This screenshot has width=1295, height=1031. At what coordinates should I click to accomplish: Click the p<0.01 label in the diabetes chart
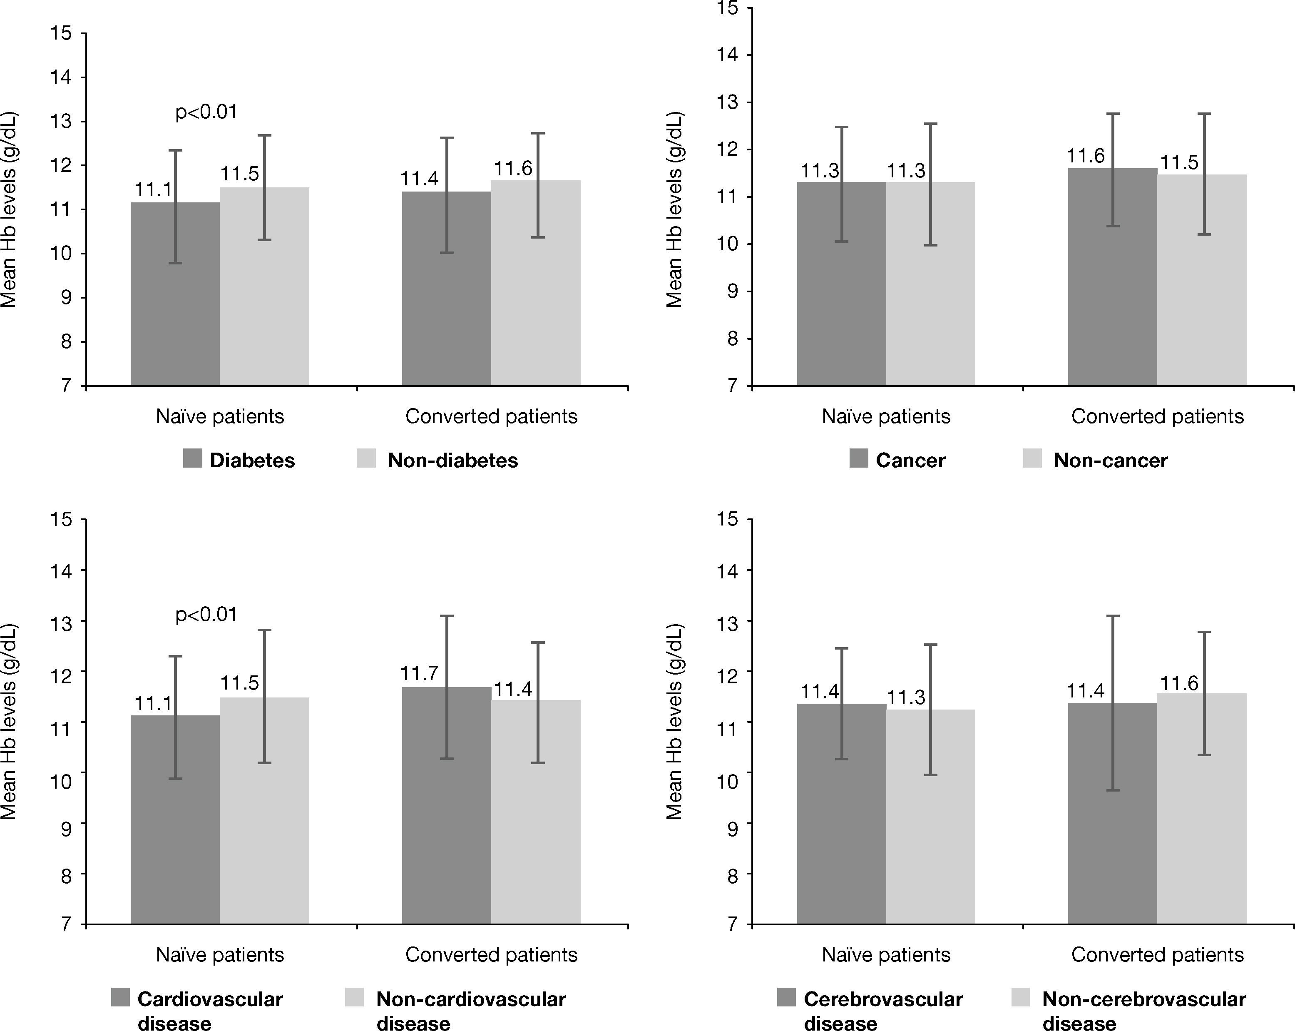coord(206,112)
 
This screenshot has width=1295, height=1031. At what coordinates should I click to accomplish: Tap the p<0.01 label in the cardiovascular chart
coord(206,615)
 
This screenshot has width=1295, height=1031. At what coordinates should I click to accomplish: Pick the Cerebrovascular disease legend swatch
coord(786,998)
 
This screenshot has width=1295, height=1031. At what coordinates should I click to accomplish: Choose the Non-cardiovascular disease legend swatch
coord(355,998)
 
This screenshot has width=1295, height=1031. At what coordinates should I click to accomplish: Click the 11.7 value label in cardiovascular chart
coord(419,673)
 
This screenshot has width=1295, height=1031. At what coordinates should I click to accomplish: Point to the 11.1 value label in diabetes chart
coord(153,190)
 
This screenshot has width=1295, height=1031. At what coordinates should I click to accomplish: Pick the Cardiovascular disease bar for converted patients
coord(446,805)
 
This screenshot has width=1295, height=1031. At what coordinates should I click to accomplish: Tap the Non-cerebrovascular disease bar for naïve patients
coord(930,817)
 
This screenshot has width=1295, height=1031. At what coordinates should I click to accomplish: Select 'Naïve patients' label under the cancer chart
coord(886,416)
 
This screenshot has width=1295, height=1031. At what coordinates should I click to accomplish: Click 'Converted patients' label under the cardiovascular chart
coord(491,955)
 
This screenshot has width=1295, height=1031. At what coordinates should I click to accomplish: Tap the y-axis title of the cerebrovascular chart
coord(674,722)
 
